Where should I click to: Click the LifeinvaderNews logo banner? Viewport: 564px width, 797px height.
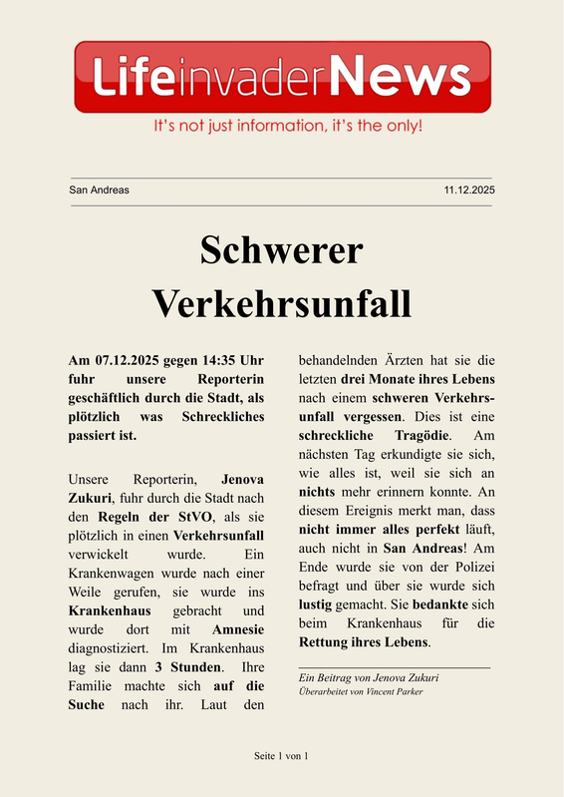pyautogui.click(x=282, y=76)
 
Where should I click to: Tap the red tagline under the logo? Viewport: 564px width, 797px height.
pyautogui.click(x=287, y=127)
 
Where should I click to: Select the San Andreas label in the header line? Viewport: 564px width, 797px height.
pyautogui.click(x=99, y=190)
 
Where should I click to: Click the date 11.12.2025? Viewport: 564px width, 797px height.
pyautogui.click(x=469, y=190)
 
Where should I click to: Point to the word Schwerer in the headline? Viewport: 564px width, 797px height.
pyautogui.click(x=282, y=250)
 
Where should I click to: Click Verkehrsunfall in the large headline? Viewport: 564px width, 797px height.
pyautogui.click(x=282, y=300)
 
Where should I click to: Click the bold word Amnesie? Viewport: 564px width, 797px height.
pyautogui.click(x=238, y=629)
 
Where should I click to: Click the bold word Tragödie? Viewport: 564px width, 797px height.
pyautogui.click(x=413, y=436)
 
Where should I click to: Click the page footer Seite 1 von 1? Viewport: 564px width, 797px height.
pyautogui.click(x=282, y=757)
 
